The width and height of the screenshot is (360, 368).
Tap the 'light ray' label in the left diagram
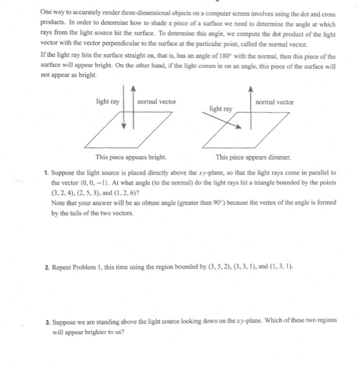click(107, 101)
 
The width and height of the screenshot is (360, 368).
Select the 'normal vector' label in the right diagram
click(274, 101)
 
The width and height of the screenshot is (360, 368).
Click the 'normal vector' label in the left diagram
click(157, 101)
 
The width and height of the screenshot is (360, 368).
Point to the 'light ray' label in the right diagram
click(220, 108)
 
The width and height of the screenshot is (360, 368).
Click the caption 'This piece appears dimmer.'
click(253, 157)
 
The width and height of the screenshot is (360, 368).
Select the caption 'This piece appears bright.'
click(131, 157)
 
